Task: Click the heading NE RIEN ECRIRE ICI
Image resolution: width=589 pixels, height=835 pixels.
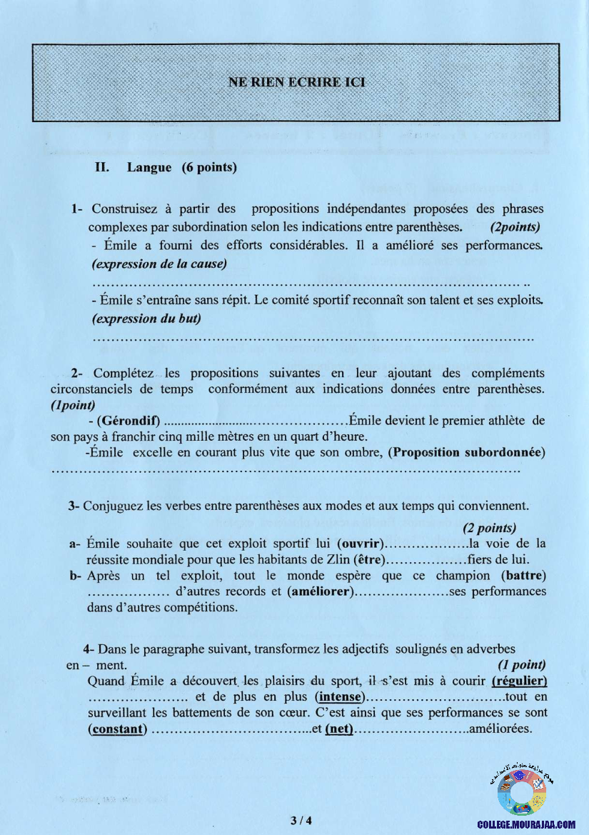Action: point(296,82)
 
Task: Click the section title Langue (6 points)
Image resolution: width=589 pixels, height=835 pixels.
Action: point(181,168)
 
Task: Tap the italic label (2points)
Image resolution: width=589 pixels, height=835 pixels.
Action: point(515,227)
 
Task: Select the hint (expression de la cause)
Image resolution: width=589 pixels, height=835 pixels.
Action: point(158,264)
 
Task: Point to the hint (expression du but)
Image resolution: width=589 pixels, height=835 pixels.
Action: point(146,319)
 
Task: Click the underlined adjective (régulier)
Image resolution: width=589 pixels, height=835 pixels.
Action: point(519,681)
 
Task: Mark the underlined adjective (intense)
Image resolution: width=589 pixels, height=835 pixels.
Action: point(340,696)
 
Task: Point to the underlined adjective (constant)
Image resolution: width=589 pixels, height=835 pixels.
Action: point(118,729)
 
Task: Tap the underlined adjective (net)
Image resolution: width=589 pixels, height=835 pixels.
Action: point(340,729)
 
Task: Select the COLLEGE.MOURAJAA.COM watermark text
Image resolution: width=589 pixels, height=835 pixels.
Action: point(526,824)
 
